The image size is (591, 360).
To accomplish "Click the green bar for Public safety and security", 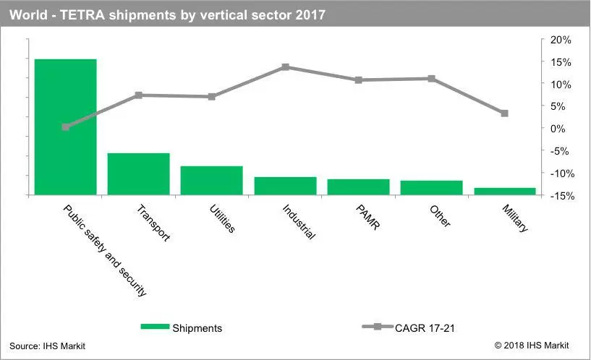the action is pos(66,127).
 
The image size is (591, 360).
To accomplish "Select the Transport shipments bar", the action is pos(139,174).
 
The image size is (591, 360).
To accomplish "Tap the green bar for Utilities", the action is pos(212,181).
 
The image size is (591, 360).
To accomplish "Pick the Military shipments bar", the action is pos(505,192).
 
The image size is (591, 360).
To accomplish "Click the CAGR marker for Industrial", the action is pos(285,67).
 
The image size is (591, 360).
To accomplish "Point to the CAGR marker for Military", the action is pos(505,113).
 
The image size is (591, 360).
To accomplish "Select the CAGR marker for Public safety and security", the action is pos(66,127).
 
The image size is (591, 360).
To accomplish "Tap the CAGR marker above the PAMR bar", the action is pos(359,80).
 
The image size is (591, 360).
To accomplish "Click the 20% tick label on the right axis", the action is pos(561,40).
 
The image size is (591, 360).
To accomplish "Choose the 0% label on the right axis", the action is pos(558,129).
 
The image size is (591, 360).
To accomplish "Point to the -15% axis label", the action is pos(562,196).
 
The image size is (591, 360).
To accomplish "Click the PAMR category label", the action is pos(368,218).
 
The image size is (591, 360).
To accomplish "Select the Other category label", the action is pos(440,216).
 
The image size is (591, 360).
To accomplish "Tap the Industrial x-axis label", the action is pos(299,222).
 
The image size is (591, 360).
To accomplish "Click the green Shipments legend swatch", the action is pos(155,327).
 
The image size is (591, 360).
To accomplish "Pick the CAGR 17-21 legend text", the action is pos(425,328).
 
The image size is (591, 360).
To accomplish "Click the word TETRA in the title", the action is pos(82,15).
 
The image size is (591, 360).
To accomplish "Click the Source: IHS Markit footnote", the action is pos(48,346).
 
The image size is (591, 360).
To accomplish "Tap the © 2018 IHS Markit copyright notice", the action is pos(532,346).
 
